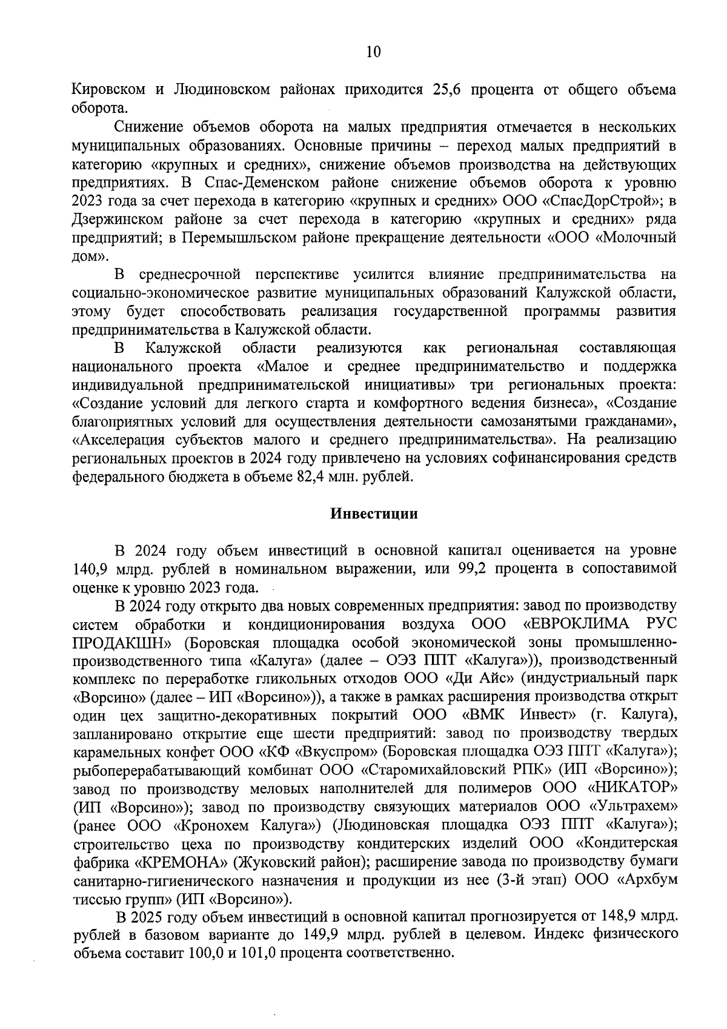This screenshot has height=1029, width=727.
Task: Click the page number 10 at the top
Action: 373,52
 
